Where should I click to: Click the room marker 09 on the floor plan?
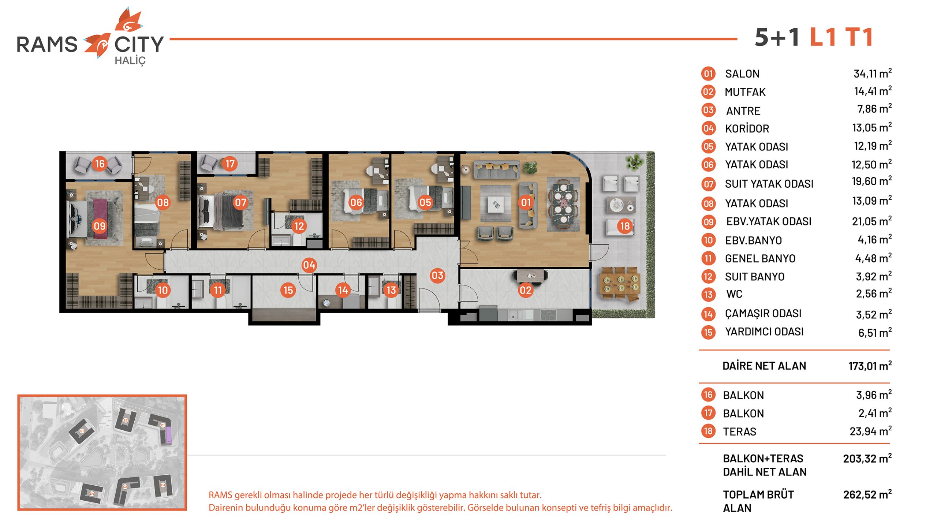[x=100, y=226]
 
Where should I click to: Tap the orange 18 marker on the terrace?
[x=625, y=226]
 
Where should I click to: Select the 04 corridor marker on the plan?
[x=309, y=265]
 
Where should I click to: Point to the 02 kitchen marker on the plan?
[x=525, y=290]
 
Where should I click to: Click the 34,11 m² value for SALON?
[x=873, y=73]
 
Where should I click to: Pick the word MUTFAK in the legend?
[x=745, y=92]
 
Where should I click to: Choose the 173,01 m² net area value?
[x=870, y=366]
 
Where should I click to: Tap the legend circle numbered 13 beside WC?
[x=708, y=294]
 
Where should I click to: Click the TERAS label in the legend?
[x=739, y=431]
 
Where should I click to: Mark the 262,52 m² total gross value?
[x=867, y=494]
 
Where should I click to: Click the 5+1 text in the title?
[x=777, y=37]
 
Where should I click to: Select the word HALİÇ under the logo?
[x=130, y=61]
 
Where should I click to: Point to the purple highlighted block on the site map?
[x=168, y=434]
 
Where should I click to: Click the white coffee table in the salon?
[x=496, y=205]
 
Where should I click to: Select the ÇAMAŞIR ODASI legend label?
[x=763, y=313]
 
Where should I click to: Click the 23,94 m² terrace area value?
[x=870, y=431]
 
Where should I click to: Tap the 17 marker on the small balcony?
[x=229, y=163]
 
